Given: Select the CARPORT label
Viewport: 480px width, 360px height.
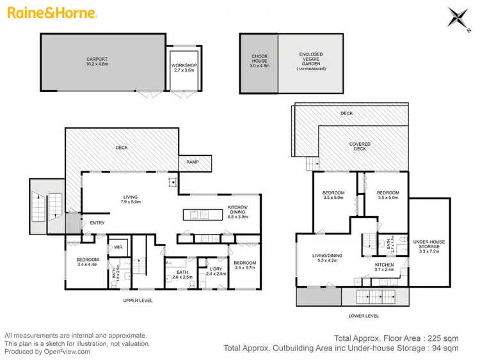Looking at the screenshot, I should pos(98,62).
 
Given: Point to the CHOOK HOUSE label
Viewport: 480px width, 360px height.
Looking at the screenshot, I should pos(259,61).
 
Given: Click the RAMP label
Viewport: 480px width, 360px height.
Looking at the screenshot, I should pos(192,162).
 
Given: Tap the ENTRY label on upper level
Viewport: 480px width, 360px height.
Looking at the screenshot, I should pos(97,223).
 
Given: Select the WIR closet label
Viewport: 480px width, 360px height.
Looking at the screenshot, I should pos(118,246).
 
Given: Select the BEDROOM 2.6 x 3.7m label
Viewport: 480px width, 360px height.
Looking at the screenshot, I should pos(244,265).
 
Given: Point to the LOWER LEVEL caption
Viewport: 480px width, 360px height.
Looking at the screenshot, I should pos(364,316).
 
